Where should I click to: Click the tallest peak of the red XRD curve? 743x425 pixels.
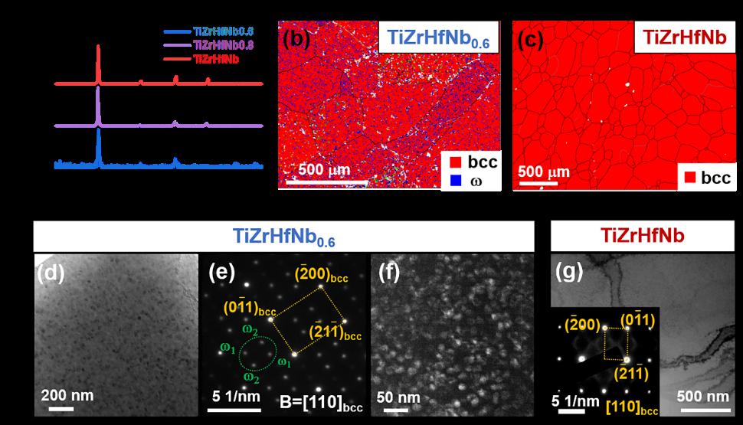click(99, 49)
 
